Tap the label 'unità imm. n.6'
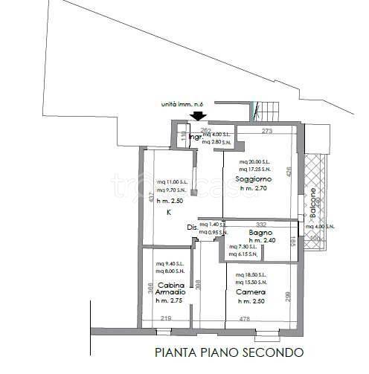tap(182, 104)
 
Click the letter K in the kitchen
tap(169, 213)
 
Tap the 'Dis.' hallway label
tap(192, 226)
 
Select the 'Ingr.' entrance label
tap(195, 138)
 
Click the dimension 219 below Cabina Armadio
tap(166, 320)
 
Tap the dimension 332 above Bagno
tap(261, 225)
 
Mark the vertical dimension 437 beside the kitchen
tap(151, 198)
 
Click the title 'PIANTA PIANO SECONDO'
tap(228, 352)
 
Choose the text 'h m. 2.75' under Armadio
tap(169, 300)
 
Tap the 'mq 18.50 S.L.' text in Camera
tap(250, 275)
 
